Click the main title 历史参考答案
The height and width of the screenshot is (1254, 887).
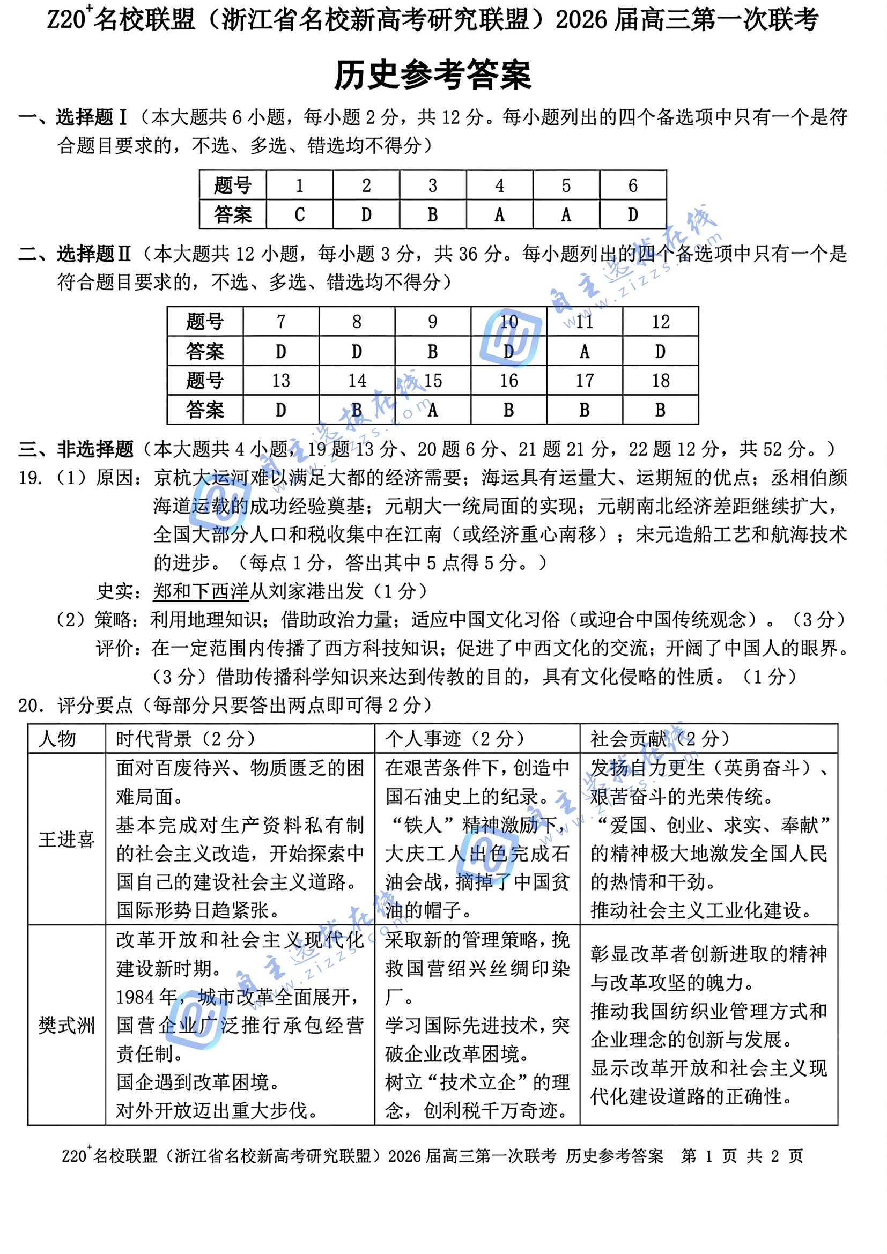click(x=432, y=75)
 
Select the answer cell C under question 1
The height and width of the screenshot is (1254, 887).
click(x=299, y=214)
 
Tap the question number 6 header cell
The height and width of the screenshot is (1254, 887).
click(x=632, y=185)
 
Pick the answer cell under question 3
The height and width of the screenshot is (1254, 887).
click(x=433, y=214)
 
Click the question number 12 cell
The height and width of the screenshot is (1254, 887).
click(x=660, y=322)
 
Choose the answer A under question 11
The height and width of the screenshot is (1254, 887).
click(x=585, y=351)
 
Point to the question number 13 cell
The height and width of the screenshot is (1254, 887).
click(x=280, y=381)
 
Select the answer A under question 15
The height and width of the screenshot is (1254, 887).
click(x=433, y=410)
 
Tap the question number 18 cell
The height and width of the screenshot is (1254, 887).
click(x=660, y=381)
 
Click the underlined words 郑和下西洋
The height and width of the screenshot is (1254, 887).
click(x=201, y=591)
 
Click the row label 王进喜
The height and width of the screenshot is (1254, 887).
click(x=66, y=839)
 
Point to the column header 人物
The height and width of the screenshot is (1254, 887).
click(x=57, y=739)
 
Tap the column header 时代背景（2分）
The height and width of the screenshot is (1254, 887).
click(x=185, y=739)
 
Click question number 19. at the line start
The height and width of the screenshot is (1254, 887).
click(x=30, y=478)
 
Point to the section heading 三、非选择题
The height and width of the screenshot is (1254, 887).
click(x=76, y=449)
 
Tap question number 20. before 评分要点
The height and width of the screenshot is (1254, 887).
click(x=30, y=705)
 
